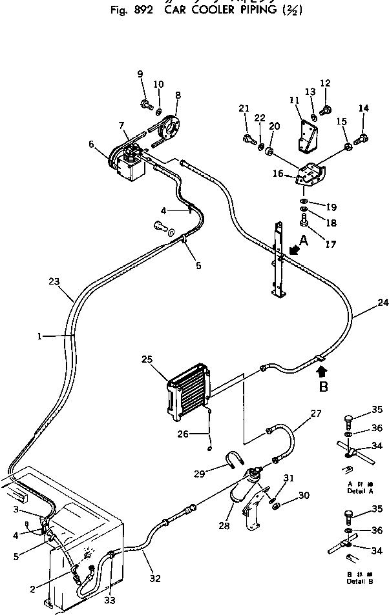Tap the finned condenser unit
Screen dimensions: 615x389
[189, 394]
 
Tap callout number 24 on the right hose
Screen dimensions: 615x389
[383, 301]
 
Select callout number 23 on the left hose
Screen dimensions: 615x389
[54, 281]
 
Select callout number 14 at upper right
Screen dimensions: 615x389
[363, 108]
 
